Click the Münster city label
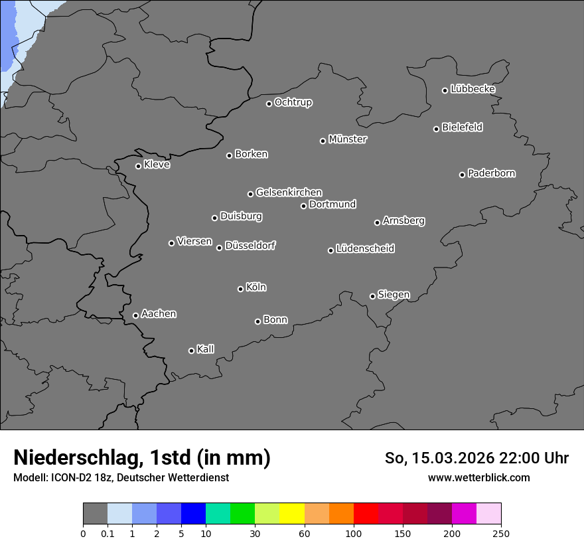pos(348,139)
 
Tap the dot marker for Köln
pos(240,289)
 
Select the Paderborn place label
pos(492,173)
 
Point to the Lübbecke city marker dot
pos(445,90)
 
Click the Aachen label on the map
pos(159,313)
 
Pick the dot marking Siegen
pos(372,296)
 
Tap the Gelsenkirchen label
pos(289,193)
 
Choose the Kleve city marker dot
pos(138,166)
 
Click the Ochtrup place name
pos(293,102)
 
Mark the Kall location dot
pos(191,351)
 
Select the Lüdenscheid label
pos(365,249)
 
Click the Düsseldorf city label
pos(250,246)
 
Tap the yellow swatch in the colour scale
pos(292,514)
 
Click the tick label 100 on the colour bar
pos(354,532)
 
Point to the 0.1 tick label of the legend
pos(108,532)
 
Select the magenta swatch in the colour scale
pos(464,514)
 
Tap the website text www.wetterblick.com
pos(478,477)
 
